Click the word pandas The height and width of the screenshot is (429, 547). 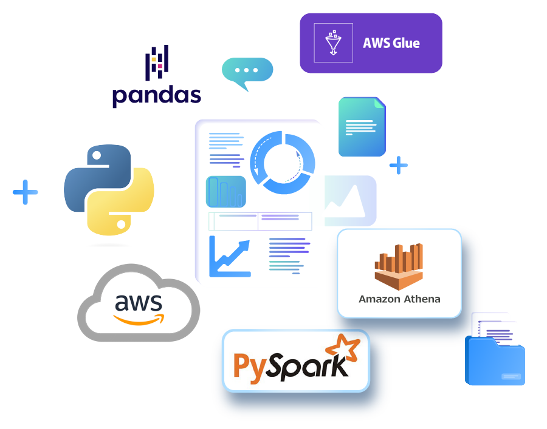click(157, 96)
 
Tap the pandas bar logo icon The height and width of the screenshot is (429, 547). click(157, 62)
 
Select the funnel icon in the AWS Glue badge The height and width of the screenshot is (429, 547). click(333, 43)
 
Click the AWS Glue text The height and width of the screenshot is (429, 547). click(391, 43)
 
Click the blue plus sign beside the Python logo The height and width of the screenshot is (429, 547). click(25, 192)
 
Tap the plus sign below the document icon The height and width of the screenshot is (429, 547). click(398, 165)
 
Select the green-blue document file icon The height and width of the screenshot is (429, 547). click(362, 127)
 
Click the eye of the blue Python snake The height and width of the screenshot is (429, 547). click(97, 156)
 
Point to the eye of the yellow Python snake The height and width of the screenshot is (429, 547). click(121, 225)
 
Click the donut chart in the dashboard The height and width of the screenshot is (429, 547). click(283, 162)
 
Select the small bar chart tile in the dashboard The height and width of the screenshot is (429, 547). click(226, 192)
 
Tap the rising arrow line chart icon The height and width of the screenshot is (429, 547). click(230, 257)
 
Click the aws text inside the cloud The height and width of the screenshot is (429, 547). click(139, 302)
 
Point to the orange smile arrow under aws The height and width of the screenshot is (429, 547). click(139, 320)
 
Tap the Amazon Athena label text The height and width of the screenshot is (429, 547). click(399, 299)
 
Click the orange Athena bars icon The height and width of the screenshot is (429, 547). click(399, 267)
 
